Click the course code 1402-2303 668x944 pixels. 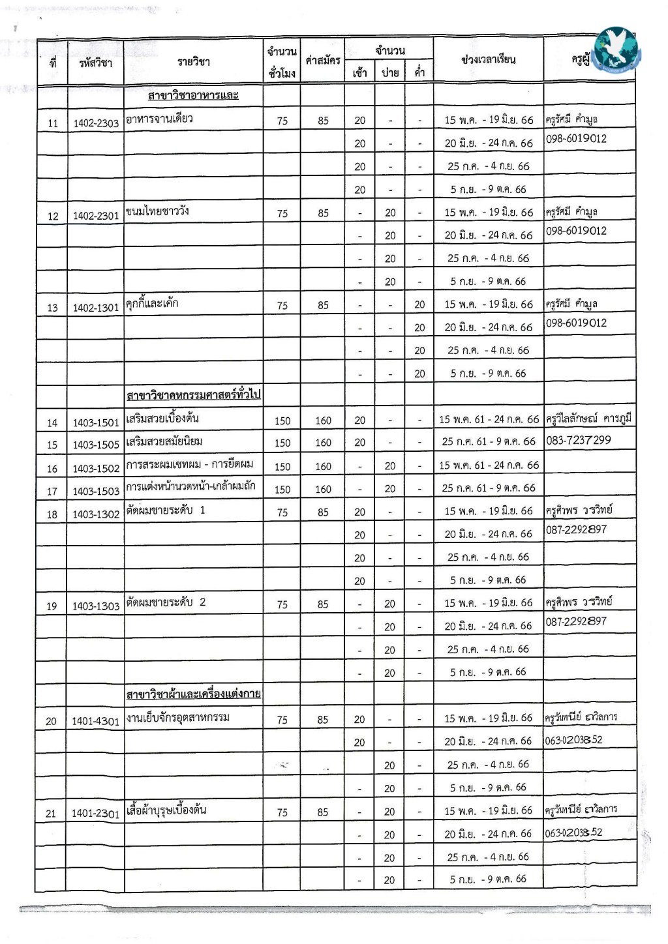(96, 123)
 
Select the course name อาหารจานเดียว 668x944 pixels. (159, 119)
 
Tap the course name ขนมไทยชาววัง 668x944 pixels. (157, 211)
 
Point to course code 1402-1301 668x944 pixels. (96, 307)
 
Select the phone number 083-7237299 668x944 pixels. (579, 441)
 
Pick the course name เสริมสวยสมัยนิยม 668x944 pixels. (164, 441)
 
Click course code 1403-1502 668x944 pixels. (96, 468)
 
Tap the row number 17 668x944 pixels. (52, 491)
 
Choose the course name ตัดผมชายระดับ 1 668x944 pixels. (166, 510)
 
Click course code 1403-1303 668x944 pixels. (96, 606)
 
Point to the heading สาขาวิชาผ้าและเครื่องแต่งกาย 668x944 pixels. (193, 694)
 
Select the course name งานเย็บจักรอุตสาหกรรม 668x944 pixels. (178, 718)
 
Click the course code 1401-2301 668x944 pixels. (96, 814)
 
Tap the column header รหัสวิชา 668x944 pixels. (95, 63)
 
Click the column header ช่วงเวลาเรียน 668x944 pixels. (488, 59)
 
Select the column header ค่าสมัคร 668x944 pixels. (323, 61)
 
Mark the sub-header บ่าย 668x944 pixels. (390, 73)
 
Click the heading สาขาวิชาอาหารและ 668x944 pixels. (193, 96)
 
